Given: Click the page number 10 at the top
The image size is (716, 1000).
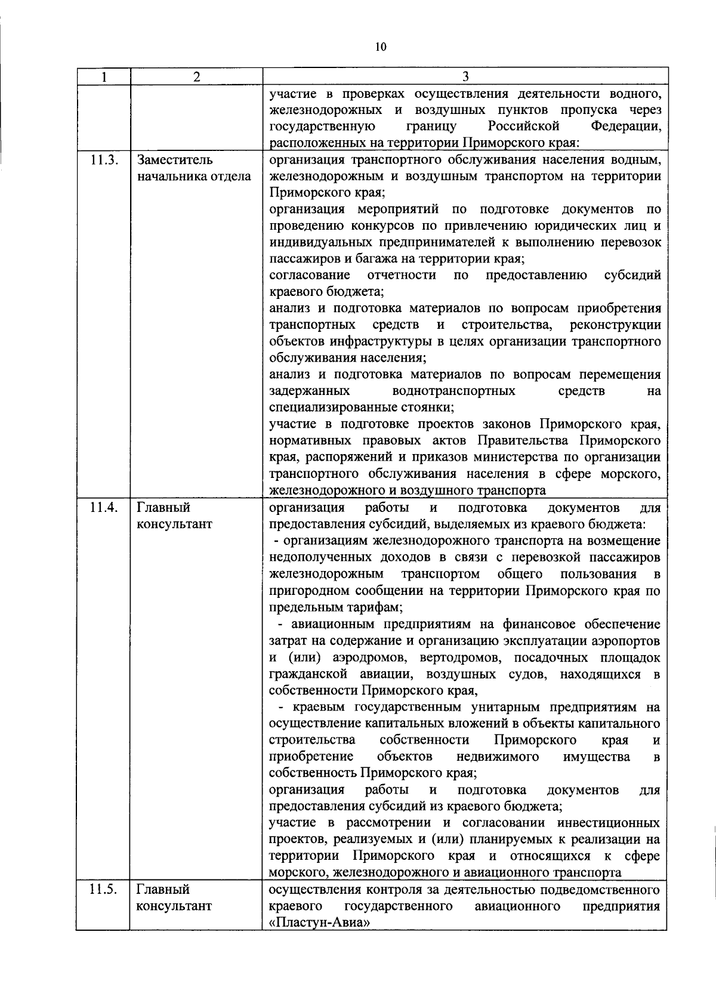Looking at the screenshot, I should [x=381, y=48].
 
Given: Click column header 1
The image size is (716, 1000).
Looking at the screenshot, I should [x=104, y=76].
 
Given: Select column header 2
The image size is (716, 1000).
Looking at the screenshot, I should [x=196, y=76].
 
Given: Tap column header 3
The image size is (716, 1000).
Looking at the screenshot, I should [x=465, y=76].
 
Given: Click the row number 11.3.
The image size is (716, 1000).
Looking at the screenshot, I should [x=104, y=160].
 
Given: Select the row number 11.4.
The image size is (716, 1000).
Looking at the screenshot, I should [x=104, y=508].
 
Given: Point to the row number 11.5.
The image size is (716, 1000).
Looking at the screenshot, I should [x=104, y=906].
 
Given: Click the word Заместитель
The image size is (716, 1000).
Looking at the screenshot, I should [x=174, y=160].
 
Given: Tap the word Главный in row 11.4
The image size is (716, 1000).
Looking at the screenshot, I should [x=163, y=508].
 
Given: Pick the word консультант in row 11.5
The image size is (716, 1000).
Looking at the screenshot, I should [x=174, y=923].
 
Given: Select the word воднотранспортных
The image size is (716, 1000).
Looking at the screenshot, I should [x=454, y=391].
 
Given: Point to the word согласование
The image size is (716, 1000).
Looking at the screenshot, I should [x=309, y=276].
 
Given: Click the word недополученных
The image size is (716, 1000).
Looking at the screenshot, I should [x=320, y=558].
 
